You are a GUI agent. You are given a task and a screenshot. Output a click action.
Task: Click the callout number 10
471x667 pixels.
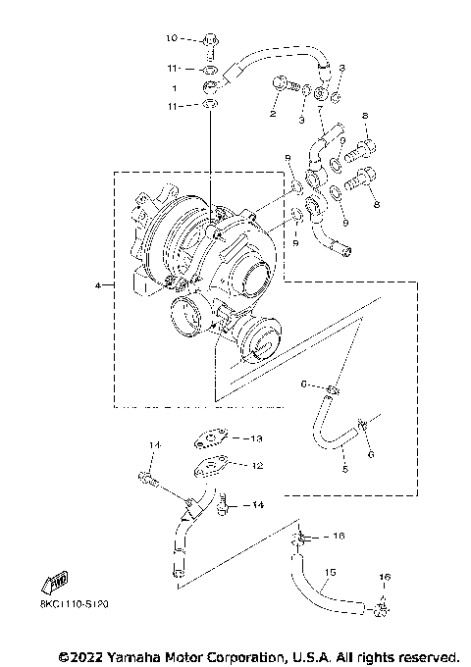pos(170,39)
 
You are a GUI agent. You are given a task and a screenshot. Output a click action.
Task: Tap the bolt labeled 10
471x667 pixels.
pos(211,41)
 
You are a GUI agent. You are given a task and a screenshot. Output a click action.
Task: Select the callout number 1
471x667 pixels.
pos(175,87)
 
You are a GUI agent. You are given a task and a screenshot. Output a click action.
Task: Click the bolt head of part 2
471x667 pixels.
pos(283,84)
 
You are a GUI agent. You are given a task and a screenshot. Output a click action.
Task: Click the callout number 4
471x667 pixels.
pos(98,285)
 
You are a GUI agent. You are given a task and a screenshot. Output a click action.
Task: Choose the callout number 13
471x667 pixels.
pos(258,437)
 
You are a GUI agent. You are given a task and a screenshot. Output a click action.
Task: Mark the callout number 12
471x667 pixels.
pos(258,466)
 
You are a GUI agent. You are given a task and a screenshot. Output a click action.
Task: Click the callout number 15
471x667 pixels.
pos(330,572)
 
